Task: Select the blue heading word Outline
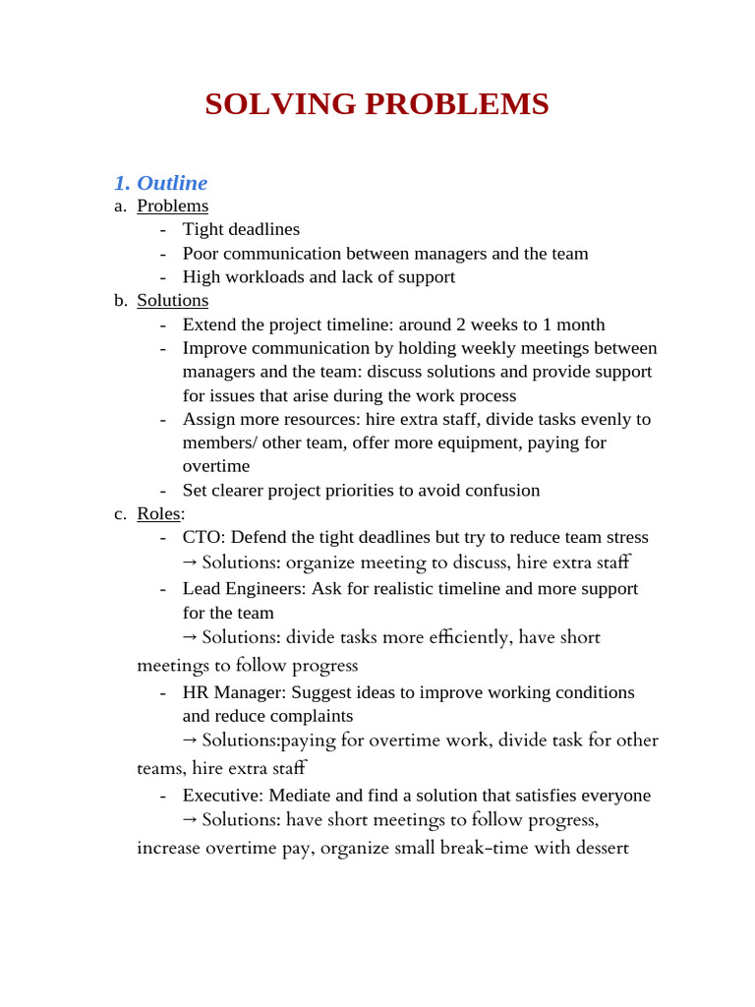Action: point(172,183)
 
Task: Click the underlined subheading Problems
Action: point(172,206)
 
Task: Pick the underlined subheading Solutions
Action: point(172,300)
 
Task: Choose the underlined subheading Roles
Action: point(159,513)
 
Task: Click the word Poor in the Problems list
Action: point(202,254)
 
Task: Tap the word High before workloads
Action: point(203,277)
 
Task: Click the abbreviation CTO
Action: point(203,537)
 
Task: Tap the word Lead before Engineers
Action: point(203,588)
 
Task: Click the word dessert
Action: point(597,847)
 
